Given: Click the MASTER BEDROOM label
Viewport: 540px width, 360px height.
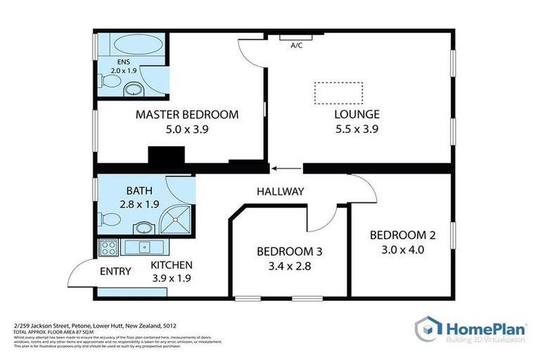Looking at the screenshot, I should (187, 115).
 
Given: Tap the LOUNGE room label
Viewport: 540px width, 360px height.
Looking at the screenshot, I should (356, 115).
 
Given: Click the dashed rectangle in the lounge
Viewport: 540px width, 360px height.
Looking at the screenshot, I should (338, 93).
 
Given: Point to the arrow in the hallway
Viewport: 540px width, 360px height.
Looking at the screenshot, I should (285, 168).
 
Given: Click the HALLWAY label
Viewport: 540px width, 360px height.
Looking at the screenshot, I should (280, 191).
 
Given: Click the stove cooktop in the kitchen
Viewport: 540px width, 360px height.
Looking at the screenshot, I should (109, 247).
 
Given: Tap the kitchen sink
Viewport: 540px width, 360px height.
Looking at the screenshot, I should (143, 247).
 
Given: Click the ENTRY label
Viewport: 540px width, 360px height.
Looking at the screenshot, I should (115, 271).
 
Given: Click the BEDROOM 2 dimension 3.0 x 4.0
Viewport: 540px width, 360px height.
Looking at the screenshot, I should (397, 249).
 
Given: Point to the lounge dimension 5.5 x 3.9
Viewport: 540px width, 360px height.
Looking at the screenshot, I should (356, 129).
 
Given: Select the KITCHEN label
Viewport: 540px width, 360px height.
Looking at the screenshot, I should (172, 265).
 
